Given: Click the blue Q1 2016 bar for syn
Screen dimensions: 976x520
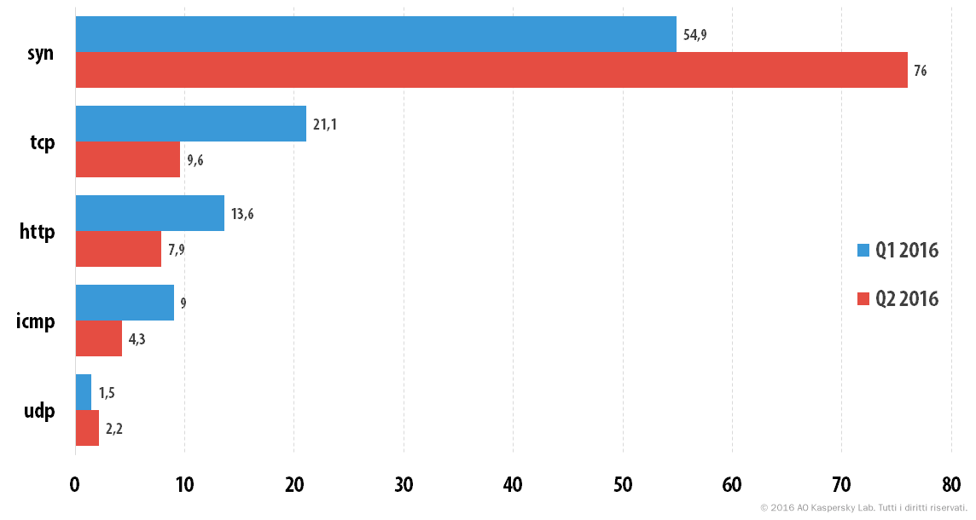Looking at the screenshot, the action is (376, 34).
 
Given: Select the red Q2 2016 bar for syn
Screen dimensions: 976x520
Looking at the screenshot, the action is (491, 70).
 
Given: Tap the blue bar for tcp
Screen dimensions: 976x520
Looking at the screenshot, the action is (191, 124).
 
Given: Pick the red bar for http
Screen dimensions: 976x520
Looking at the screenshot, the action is (119, 249).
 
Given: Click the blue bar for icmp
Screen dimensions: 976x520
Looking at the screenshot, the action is (125, 303).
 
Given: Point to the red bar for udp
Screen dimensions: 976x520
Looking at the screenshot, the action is (87, 428).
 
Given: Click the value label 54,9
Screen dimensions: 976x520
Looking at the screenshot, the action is (694, 35).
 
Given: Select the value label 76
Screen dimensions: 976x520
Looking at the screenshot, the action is (920, 71).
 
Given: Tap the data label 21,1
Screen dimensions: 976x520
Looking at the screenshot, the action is (324, 124).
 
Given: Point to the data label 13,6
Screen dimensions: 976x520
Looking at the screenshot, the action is (242, 214).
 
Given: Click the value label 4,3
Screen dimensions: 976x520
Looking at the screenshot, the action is (137, 339).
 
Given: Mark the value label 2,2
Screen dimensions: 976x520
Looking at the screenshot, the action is (114, 429).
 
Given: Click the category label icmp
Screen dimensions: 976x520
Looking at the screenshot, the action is (36, 321).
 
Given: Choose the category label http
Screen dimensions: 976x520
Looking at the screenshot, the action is (38, 232).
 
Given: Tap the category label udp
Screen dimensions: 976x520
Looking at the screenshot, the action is (39, 411).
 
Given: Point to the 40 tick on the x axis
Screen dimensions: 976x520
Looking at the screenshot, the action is (513, 484).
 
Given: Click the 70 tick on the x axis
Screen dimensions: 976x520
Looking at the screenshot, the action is (841, 484).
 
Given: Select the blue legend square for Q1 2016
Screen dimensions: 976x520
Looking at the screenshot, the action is (863, 250).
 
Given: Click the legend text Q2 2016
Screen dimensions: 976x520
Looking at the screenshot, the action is (907, 299).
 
